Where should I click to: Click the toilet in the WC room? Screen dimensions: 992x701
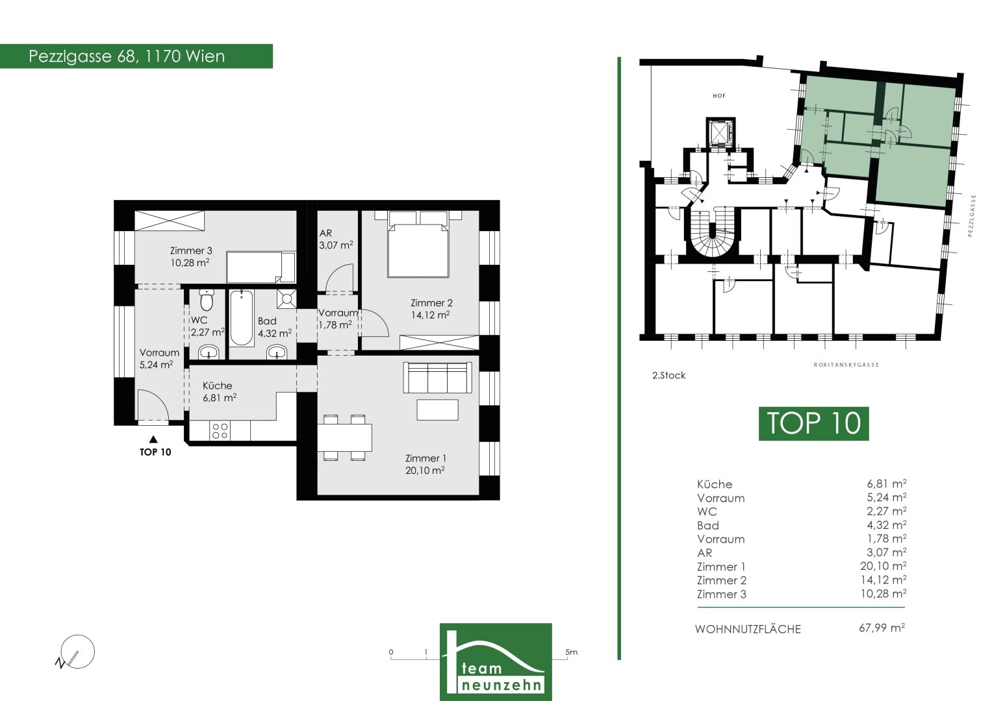[207, 300]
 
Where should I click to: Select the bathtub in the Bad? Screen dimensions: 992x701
[242, 318]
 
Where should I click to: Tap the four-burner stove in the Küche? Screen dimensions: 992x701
[220, 430]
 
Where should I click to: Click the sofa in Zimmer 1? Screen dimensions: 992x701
[437, 378]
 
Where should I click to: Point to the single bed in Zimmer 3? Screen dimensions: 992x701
[261, 267]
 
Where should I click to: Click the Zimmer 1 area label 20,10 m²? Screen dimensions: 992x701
[425, 470]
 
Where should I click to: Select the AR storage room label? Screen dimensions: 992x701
[325, 233]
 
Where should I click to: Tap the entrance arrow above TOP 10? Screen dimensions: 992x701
[153, 439]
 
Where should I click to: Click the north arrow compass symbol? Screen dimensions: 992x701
[75, 652]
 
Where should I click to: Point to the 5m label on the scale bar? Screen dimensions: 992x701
[571, 652]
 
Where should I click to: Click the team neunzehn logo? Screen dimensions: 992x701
[496, 661]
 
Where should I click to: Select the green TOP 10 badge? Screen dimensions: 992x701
[813, 423]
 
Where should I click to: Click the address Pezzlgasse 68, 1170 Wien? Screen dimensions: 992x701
[127, 56]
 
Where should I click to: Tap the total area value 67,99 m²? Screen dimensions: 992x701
[882, 628]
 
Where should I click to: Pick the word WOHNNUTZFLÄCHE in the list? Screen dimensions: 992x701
[748, 630]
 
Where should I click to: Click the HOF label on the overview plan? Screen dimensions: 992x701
[719, 95]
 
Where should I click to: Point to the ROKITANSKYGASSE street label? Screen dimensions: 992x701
[846, 365]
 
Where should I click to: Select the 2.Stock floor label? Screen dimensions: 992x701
[668, 375]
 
